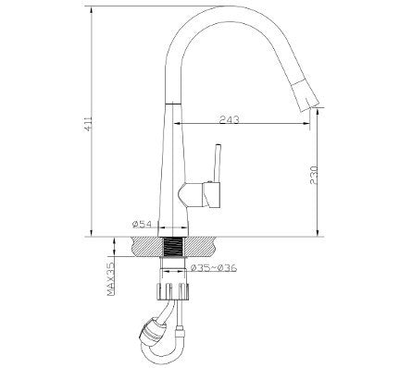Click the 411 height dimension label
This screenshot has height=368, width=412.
[88, 124]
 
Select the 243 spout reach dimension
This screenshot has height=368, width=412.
[229, 119]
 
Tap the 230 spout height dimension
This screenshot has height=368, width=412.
[314, 175]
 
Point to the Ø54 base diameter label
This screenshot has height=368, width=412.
[142, 225]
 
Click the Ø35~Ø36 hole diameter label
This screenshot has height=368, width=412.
[214, 268]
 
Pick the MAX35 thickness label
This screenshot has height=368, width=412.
[110, 279]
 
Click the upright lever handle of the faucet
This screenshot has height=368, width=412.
[218, 163]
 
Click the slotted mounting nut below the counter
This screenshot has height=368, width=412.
[173, 291]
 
